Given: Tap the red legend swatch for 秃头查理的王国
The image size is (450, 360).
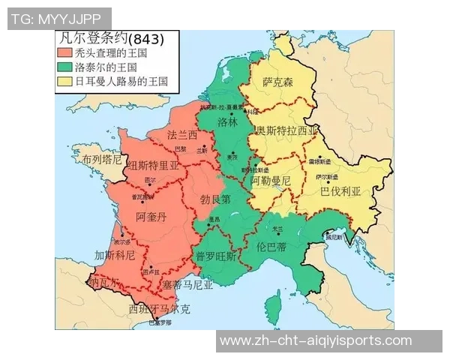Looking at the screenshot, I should (x=64, y=54).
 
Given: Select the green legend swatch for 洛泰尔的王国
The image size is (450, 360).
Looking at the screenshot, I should (x=64, y=67).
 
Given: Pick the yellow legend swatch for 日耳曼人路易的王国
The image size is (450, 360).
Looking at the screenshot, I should (x=64, y=81).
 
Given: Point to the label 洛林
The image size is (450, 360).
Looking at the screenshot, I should (x=227, y=121).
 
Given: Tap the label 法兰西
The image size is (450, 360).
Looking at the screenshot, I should (x=182, y=135).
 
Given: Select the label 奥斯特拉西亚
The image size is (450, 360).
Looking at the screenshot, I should (x=286, y=130).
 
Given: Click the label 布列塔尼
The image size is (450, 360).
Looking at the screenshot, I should (x=102, y=160).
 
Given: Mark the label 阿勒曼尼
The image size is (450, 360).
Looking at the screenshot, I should (x=270, y=181).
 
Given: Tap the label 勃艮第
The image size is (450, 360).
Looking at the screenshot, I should (x=215, y=200).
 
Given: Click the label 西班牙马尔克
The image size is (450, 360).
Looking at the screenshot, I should (x=159, y=308).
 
